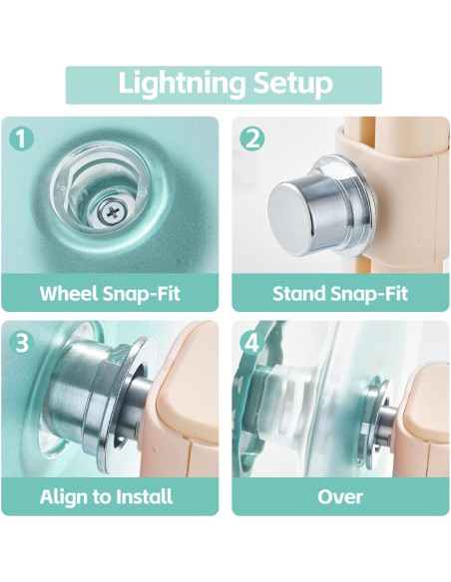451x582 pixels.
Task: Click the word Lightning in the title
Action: tap(182, 84)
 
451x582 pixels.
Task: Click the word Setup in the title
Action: tap(292, 84)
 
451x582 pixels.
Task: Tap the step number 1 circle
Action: tap(21, 139)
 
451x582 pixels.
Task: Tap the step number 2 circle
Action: tap(252, 139)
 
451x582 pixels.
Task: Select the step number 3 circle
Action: tap(21, 342)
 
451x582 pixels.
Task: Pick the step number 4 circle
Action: tap(252, 342)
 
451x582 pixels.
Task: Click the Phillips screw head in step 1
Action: tap(112, 212)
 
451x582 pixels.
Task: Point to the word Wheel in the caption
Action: tap(69, 293)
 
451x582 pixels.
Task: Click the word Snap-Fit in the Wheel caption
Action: tap(141, 294)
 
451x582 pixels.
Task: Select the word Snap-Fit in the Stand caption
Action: tap(369, 294)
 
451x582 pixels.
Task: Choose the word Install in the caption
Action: tap(144, 496)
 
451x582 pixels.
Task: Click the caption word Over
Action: tap(340, 497)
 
